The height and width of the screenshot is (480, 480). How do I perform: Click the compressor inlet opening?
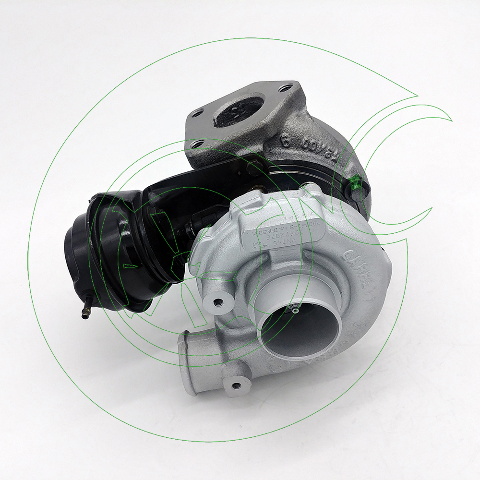[x=300, y=326]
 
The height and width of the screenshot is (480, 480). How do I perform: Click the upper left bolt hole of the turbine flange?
[x=196, y=114]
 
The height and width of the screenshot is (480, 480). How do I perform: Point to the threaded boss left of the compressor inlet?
[x=217, y=302]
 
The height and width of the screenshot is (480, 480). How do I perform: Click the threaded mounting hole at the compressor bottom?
[x=235, y=385]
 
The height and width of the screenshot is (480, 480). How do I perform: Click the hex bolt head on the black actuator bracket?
[x=254, y=168]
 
